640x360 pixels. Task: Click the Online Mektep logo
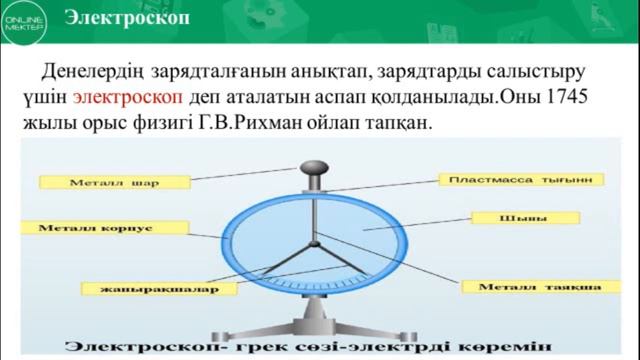[x=21, y=22]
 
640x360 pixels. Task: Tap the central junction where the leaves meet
[x=314, y=243]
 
